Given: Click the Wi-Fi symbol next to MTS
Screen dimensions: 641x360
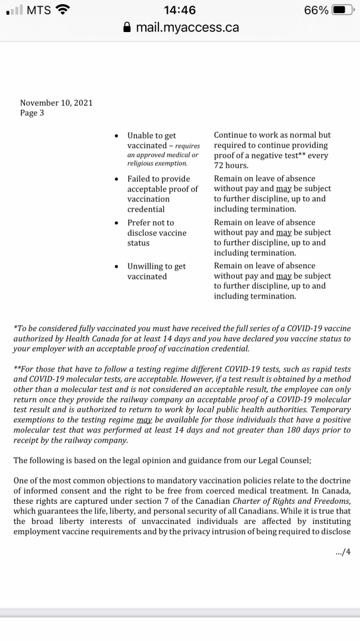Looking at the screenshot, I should click(x=62, y=10).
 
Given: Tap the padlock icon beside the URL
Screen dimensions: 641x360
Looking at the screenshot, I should click(x=126, y=27).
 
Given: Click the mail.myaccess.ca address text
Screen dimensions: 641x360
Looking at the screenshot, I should click(x=187, y=27).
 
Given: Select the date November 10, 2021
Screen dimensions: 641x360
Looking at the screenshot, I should click(x=56, y=103).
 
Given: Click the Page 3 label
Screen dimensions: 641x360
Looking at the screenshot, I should click(x=32, y=113).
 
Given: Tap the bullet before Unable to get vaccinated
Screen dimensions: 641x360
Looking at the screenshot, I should click(x=116, y=136).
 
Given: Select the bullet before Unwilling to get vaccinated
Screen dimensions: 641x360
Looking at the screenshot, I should click(x=116, y=266).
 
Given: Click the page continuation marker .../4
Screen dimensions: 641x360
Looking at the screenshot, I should click(x=343, y=551).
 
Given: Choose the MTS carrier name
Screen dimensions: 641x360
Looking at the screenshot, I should click(x=39, y=10).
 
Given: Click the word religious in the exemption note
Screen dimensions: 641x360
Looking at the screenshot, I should click(x=142, y=163).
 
